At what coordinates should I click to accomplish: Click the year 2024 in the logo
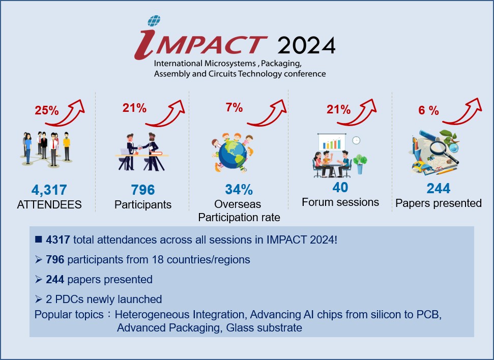[x=306, y=45]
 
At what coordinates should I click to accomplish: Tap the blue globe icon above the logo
[x=154, y=21]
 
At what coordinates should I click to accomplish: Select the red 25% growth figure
[x=47, y=110]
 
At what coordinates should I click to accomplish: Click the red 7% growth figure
[x=234, y=107]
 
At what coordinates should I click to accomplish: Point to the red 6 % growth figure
[x=428, y=110]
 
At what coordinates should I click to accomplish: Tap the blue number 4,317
[x=49, y=190]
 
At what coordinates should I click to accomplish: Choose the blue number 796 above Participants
[x=143, y=190]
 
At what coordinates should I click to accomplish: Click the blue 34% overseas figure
[x=239, y=190]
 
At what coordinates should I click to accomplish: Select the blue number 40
[x=340, y=188]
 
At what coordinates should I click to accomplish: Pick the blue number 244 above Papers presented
[x=438, y=188]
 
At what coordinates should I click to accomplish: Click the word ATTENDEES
[x=49, y=205]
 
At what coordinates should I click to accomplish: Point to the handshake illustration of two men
[x=141, y=152]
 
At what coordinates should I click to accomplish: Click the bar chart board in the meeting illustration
[x=332, y=142]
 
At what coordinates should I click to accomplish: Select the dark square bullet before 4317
[x=39, y=239]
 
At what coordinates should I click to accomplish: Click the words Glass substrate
[x=264, y=328]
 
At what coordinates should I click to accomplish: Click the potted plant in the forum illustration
[x=360, y=164]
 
